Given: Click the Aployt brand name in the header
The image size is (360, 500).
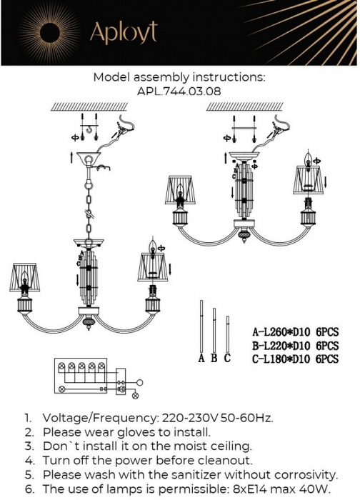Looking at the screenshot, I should [x=123, y=32].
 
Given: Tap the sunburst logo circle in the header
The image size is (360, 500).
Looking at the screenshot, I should [x=51, y=32].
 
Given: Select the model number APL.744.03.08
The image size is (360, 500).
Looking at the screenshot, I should [x=180, y=91].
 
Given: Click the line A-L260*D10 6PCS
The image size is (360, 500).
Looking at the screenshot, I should [x=295, y=332].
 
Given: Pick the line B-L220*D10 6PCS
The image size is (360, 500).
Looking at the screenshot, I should [x=295, y=346].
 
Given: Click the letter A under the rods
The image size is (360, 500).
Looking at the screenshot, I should [x=201, y=359].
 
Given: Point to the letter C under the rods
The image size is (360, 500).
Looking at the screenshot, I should [x=227, y=359].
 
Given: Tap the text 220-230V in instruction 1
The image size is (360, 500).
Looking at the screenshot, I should [x=181, y=418].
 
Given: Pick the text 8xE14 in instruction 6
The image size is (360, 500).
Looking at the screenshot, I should [x=252, y=489].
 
